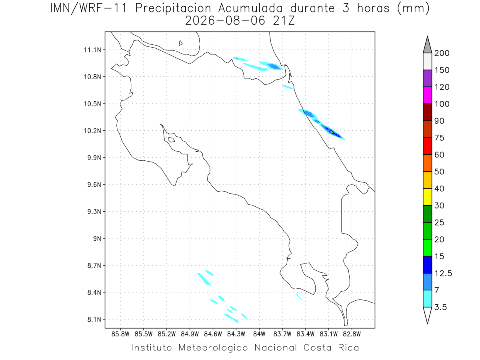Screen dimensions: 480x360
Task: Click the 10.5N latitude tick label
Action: (x=92, y=104)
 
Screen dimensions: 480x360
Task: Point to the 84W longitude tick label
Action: (x=259, y=334)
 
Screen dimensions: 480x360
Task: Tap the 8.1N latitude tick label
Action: (x=94, y=319)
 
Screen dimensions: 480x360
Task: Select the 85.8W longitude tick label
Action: (x=120, y=334)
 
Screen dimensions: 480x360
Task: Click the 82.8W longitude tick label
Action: (x=352, y=334)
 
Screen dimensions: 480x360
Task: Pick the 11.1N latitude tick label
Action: (x=92, y=50)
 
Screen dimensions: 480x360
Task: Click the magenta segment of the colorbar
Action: (x=427, y=95)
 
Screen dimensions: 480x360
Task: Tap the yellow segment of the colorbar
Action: (x=427, y=197)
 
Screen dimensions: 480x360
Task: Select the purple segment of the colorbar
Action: (x=427, y=78)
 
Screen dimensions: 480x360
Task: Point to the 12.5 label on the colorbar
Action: (x=443, y=274)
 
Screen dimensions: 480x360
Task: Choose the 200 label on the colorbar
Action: (x=442, y=53)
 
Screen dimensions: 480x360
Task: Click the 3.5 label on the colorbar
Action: (x=440, y=307)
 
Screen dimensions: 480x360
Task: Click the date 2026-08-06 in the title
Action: (x=225, y=21)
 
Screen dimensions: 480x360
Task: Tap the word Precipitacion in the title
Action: (x=173, y=8)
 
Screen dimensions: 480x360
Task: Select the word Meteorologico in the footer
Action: (x=213, y=348)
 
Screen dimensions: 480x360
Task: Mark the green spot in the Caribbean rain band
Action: (x=332, y=132)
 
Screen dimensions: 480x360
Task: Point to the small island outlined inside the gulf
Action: (x=172, y=140)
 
